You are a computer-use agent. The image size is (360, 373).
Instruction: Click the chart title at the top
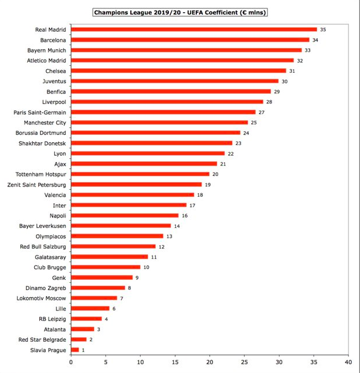click(180, 12)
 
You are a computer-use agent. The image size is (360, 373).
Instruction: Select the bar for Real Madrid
click(194, 29)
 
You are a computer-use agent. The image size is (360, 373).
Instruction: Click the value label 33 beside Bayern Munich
click(307, 50)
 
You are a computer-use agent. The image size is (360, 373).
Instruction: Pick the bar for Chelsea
click(178, 71)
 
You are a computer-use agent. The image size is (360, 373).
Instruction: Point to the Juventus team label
click(55, 81)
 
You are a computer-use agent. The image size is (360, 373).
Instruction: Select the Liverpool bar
click(167, 102)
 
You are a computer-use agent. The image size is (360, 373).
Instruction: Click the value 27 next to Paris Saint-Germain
click(262, 112)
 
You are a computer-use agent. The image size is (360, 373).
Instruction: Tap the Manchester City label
click(45, 123)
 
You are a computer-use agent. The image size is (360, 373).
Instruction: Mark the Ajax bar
click(144, 164)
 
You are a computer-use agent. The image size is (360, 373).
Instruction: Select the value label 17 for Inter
click(192, 205)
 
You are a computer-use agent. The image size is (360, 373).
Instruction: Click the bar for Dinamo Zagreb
click(98, 287)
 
